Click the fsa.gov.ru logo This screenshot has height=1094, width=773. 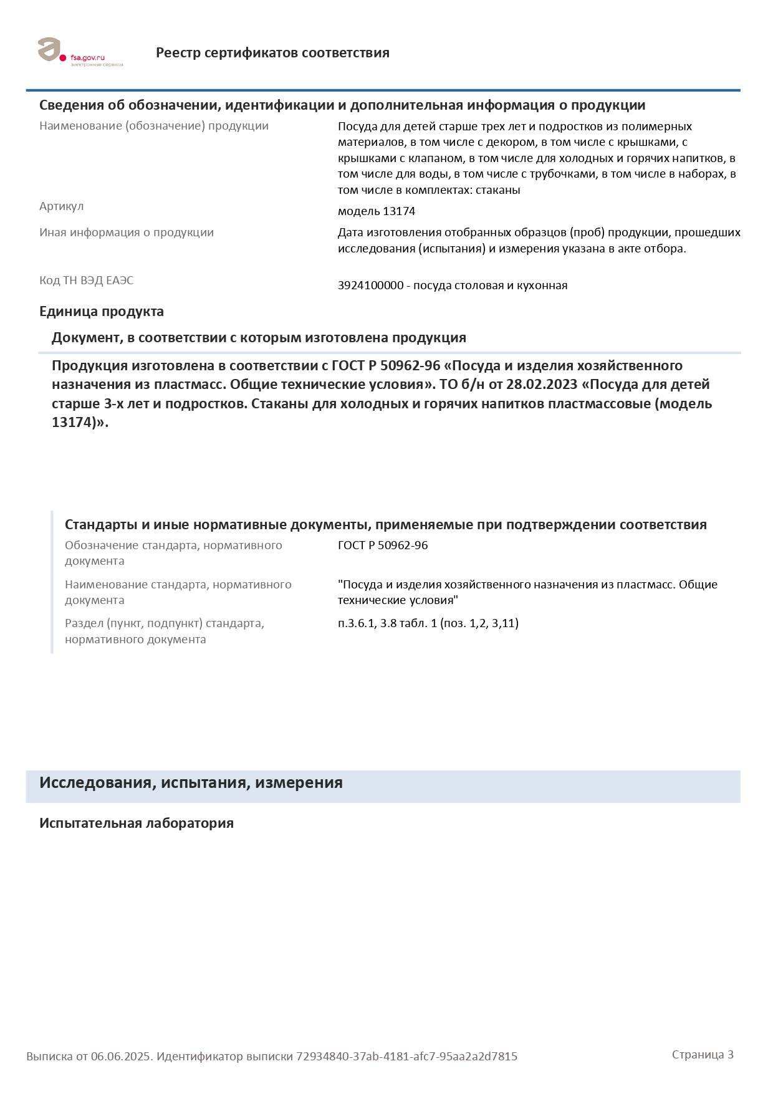[x=80, y=52]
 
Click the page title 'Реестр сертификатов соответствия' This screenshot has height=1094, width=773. [x=272, y=53]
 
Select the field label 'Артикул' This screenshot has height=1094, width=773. [x=61, y=206]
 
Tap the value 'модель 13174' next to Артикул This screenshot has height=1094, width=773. [x=377, y=211]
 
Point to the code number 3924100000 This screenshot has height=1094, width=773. [x=371, y=285]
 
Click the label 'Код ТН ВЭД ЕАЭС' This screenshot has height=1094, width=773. [x=86, y=281]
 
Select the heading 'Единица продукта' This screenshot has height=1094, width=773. [x=102, y=312]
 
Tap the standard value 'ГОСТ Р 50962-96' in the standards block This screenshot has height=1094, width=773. [x=383, y=545]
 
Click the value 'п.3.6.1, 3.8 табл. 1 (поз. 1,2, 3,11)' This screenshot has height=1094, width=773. [x=428, y=623]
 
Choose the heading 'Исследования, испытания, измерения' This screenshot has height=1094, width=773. [x=191, y=783]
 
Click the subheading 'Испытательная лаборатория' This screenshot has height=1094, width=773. [x=137, y=823]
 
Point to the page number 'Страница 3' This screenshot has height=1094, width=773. [x=703, y=1055]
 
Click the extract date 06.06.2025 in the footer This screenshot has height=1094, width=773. [x=121, y=1057]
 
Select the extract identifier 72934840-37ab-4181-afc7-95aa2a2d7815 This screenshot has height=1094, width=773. [x=406, y=1057]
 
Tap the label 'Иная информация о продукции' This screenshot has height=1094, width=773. [x=127, y=233]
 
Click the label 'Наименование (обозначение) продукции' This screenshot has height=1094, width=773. [x=154, y=126]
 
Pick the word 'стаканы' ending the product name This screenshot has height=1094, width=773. [x=497, y=190]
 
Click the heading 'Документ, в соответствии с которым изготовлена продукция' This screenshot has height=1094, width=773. [x=259, y=338]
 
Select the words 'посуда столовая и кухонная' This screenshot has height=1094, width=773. [x=490, y=285]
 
